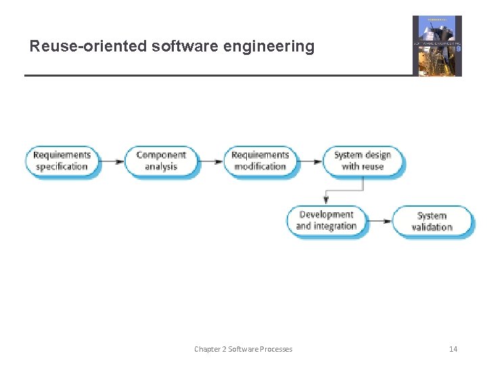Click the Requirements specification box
coord(62,161)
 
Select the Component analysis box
coord(161,161)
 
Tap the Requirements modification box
coord(260,161)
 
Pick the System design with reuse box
coord(363,161)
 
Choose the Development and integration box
coord(327,221)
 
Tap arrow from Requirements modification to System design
coord(310,161)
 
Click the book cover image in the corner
coord(437,45)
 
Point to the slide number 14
coord(453,349)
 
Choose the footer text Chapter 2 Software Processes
coord(243,349)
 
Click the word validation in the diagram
coord(432,228)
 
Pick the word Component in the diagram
coord(161,155)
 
